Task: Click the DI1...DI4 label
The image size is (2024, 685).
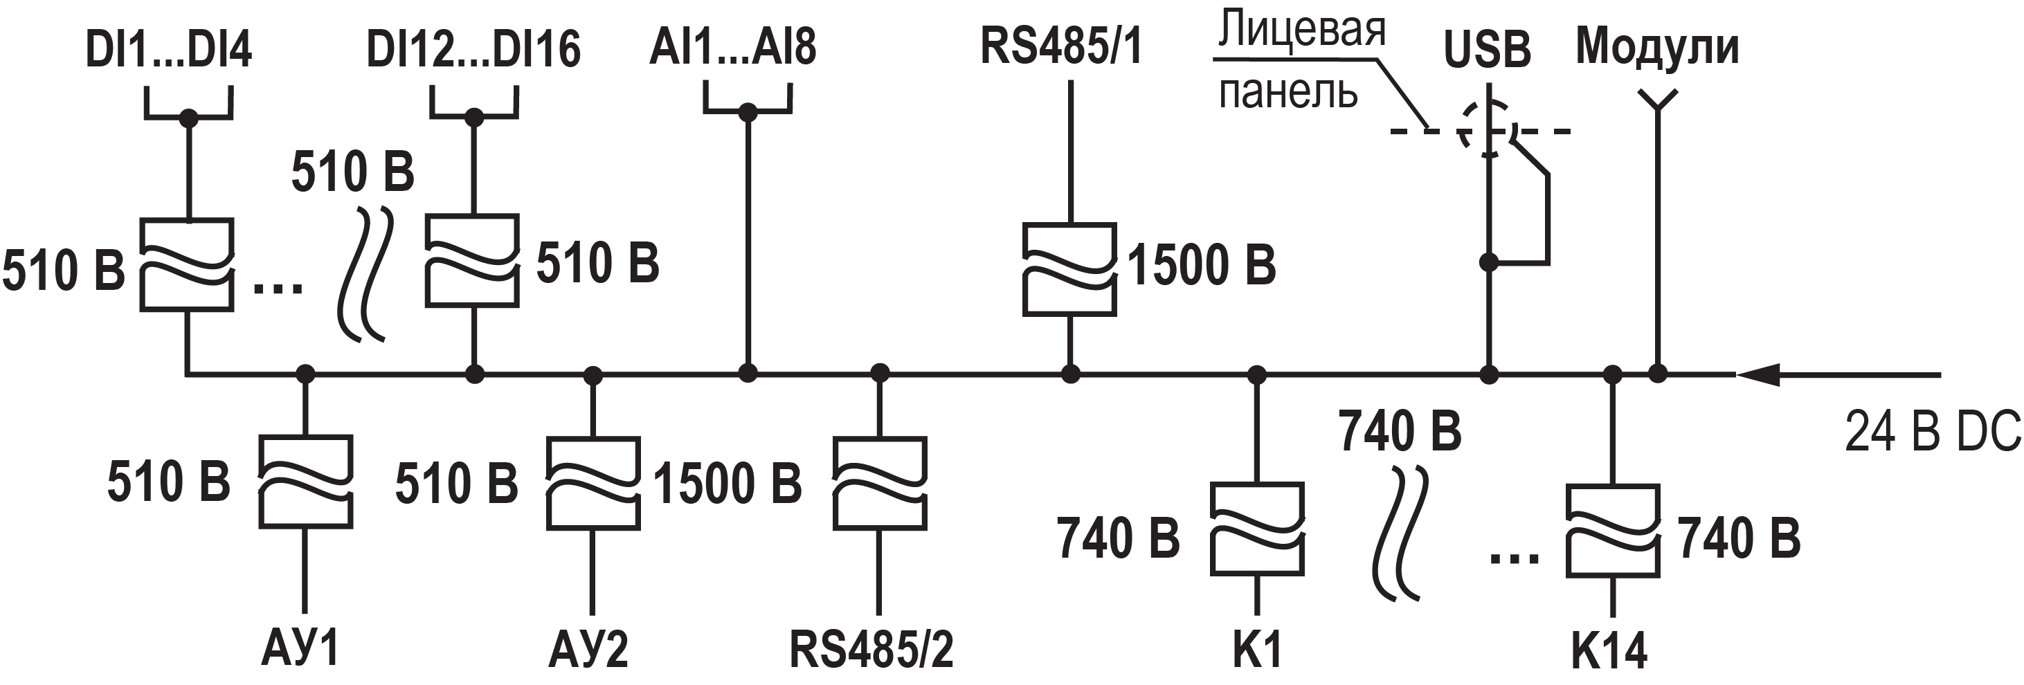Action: point(168,48)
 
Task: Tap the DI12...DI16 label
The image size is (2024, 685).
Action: point(473,48)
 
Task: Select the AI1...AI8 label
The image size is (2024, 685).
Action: point(732,46)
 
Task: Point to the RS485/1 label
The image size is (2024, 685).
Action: point(1060,45)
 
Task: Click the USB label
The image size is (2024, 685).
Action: point(1487,50)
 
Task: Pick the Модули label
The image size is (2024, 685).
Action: point(1657,46)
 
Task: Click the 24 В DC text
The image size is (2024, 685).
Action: point(1932,431)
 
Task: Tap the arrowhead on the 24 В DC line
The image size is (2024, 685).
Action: point(1757,375)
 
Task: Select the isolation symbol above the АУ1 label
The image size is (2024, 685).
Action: point(306,481)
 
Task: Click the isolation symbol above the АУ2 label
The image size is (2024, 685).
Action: point(593,483)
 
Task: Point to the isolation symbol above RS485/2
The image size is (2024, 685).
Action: point(880,482)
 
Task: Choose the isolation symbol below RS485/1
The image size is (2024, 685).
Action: point(1069,269)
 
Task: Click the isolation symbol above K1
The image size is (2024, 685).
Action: point(1257,529)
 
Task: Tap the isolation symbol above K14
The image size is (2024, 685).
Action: point(1612,530)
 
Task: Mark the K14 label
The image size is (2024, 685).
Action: point(1609,651)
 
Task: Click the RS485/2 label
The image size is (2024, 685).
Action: point(871,650)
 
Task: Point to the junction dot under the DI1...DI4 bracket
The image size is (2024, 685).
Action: point(188,118)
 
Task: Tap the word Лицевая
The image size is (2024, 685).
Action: point(1301,29)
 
